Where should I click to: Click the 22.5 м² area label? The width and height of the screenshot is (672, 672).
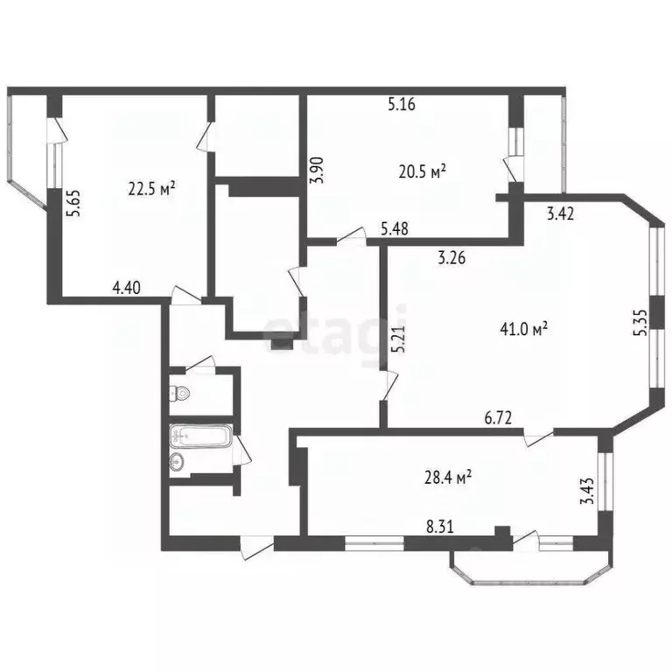[152, 187]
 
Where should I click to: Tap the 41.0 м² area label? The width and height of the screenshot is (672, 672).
[524, 329]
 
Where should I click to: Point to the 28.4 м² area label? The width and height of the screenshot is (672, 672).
[448, 477]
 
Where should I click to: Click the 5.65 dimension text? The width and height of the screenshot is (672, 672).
[77, 211]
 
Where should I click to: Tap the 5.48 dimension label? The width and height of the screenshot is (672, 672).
[395, 230]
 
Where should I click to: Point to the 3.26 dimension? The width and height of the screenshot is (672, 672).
[452, 258]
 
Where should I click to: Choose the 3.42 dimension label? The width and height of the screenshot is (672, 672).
[562, 213]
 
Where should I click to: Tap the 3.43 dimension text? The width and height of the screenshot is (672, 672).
[588, 486]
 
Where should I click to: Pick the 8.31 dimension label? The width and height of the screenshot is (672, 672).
[440, 528]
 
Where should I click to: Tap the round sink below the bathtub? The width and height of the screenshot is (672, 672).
[177, 462]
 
